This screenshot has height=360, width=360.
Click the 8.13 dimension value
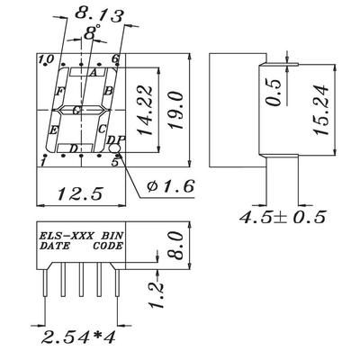(x=99, y=14)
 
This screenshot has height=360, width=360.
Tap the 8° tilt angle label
(x=92, y=32)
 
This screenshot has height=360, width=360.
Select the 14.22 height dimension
(x=144, y=111)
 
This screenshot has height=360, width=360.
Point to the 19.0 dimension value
(x=176, y=111)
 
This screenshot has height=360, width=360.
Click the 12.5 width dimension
(x=80, y=193)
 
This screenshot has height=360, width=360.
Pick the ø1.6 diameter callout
(x=170, y=186)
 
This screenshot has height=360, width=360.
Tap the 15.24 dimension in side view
(x=320, y=110)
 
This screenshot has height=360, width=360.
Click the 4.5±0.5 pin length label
(x=283, y=217)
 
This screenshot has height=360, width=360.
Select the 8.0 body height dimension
(x=176, y=245)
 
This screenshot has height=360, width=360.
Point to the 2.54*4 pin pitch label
(x=78, y=337)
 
